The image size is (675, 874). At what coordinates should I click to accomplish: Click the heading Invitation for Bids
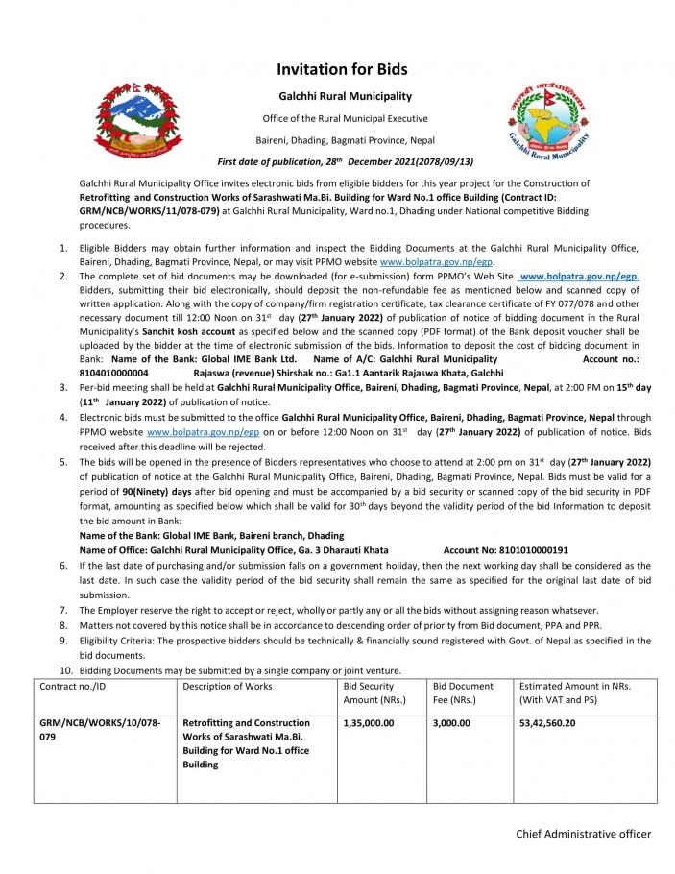[x=342, y=69]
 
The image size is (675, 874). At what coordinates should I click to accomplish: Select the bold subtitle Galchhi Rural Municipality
[x=345, y=97]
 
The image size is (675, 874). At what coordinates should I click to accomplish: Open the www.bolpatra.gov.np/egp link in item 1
[x=423, y=260]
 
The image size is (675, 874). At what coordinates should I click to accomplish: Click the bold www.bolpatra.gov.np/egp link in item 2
[x=579, y=276]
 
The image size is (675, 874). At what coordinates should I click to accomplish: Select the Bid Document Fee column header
[x=463, y=692]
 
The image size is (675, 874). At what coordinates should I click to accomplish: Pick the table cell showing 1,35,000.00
[x=368, y=722]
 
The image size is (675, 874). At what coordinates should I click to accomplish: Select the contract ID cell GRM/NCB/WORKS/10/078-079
[x=101, y=729]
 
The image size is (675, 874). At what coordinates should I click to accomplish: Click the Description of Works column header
[x=227, y=686]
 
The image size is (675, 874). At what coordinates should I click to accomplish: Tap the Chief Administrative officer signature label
[x=583, y=834]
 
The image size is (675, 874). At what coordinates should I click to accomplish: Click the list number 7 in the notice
[x=64, y=610]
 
